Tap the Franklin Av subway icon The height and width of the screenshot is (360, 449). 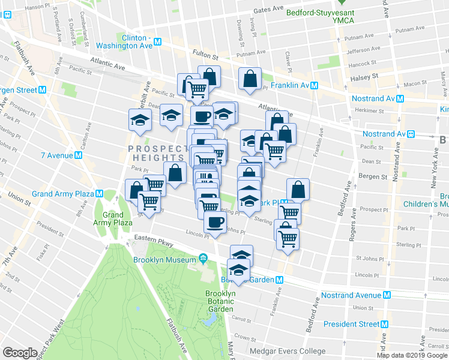[314, 86]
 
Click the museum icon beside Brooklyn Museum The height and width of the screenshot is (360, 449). [203, 259]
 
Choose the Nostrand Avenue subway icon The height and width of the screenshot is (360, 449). [388, 295]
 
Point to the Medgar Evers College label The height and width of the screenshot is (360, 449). [286, 352]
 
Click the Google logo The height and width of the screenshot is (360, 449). [20, 352]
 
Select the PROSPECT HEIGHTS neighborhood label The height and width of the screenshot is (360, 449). [158, 149]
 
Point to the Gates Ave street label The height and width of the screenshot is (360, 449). [268, 10]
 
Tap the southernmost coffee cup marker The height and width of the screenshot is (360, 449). [215, 221]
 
